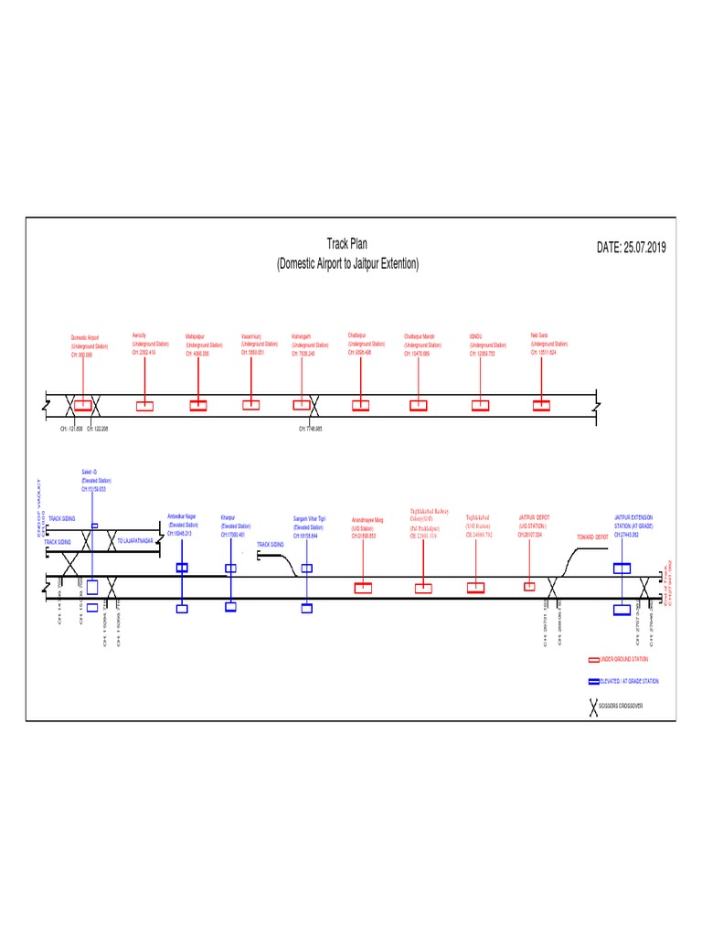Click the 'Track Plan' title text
347,244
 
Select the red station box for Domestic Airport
83,405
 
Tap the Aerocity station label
150,344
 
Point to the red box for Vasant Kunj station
251,405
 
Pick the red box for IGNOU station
478,405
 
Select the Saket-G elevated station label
94,481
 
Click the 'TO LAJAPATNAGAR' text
135,541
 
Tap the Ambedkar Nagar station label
183,525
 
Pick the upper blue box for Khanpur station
230,569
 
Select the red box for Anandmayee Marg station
363,588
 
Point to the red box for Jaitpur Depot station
529,586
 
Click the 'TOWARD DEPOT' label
591,537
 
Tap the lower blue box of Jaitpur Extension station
622,609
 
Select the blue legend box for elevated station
593,681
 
